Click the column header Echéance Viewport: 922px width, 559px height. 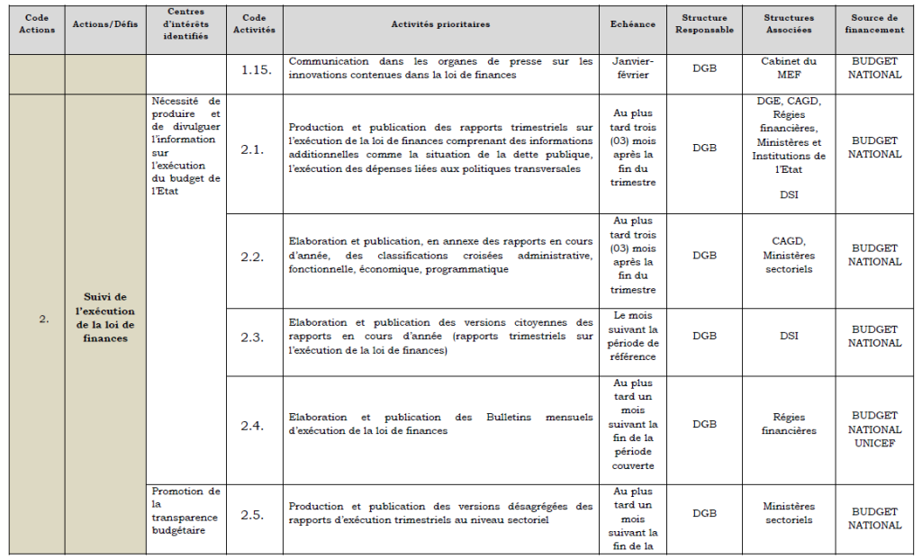tap(633, 24)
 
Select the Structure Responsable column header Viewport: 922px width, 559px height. tap(705, 24)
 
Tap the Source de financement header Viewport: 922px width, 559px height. tap(874, 24)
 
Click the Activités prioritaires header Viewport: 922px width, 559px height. tap(440, 24)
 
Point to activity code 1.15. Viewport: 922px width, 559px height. tap(257, 68)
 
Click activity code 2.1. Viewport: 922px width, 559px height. tap(252, 149)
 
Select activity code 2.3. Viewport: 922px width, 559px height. tap(252, 337)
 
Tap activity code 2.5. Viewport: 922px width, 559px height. tap(252, 515)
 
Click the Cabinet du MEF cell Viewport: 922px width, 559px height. tap(789, 68)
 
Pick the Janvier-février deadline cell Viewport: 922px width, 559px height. tap(633, 68)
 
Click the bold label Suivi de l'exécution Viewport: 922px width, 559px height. tap(105, 318)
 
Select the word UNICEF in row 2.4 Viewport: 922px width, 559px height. tap(874, 443)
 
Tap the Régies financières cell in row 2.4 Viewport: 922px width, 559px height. tap(789, 424)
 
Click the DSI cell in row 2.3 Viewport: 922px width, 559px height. tap(789, 337)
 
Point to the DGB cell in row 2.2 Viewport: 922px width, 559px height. tap(705, 256)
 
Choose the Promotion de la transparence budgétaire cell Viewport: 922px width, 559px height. tap(185, 510)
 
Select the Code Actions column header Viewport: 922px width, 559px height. tap(36, 24)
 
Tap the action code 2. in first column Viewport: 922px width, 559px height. tap(43, 318)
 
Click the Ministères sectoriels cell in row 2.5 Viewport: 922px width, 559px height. tap(789, 513)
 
